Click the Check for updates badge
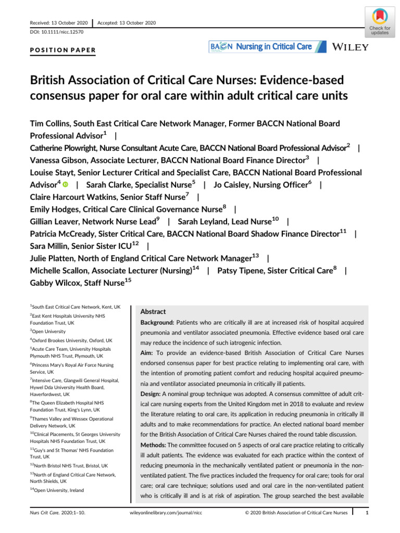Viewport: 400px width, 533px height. (x=379, y=22)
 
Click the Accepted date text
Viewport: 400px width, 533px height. (x=127, y=23)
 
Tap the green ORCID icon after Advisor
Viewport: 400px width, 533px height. (x=66, y=185)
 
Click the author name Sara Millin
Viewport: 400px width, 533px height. (x=54, y=246)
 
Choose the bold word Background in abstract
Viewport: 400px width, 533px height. (x=158, y=323)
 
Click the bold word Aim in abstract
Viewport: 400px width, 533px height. (x=148, y=353)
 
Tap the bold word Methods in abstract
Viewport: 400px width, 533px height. (x=155, y=432)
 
